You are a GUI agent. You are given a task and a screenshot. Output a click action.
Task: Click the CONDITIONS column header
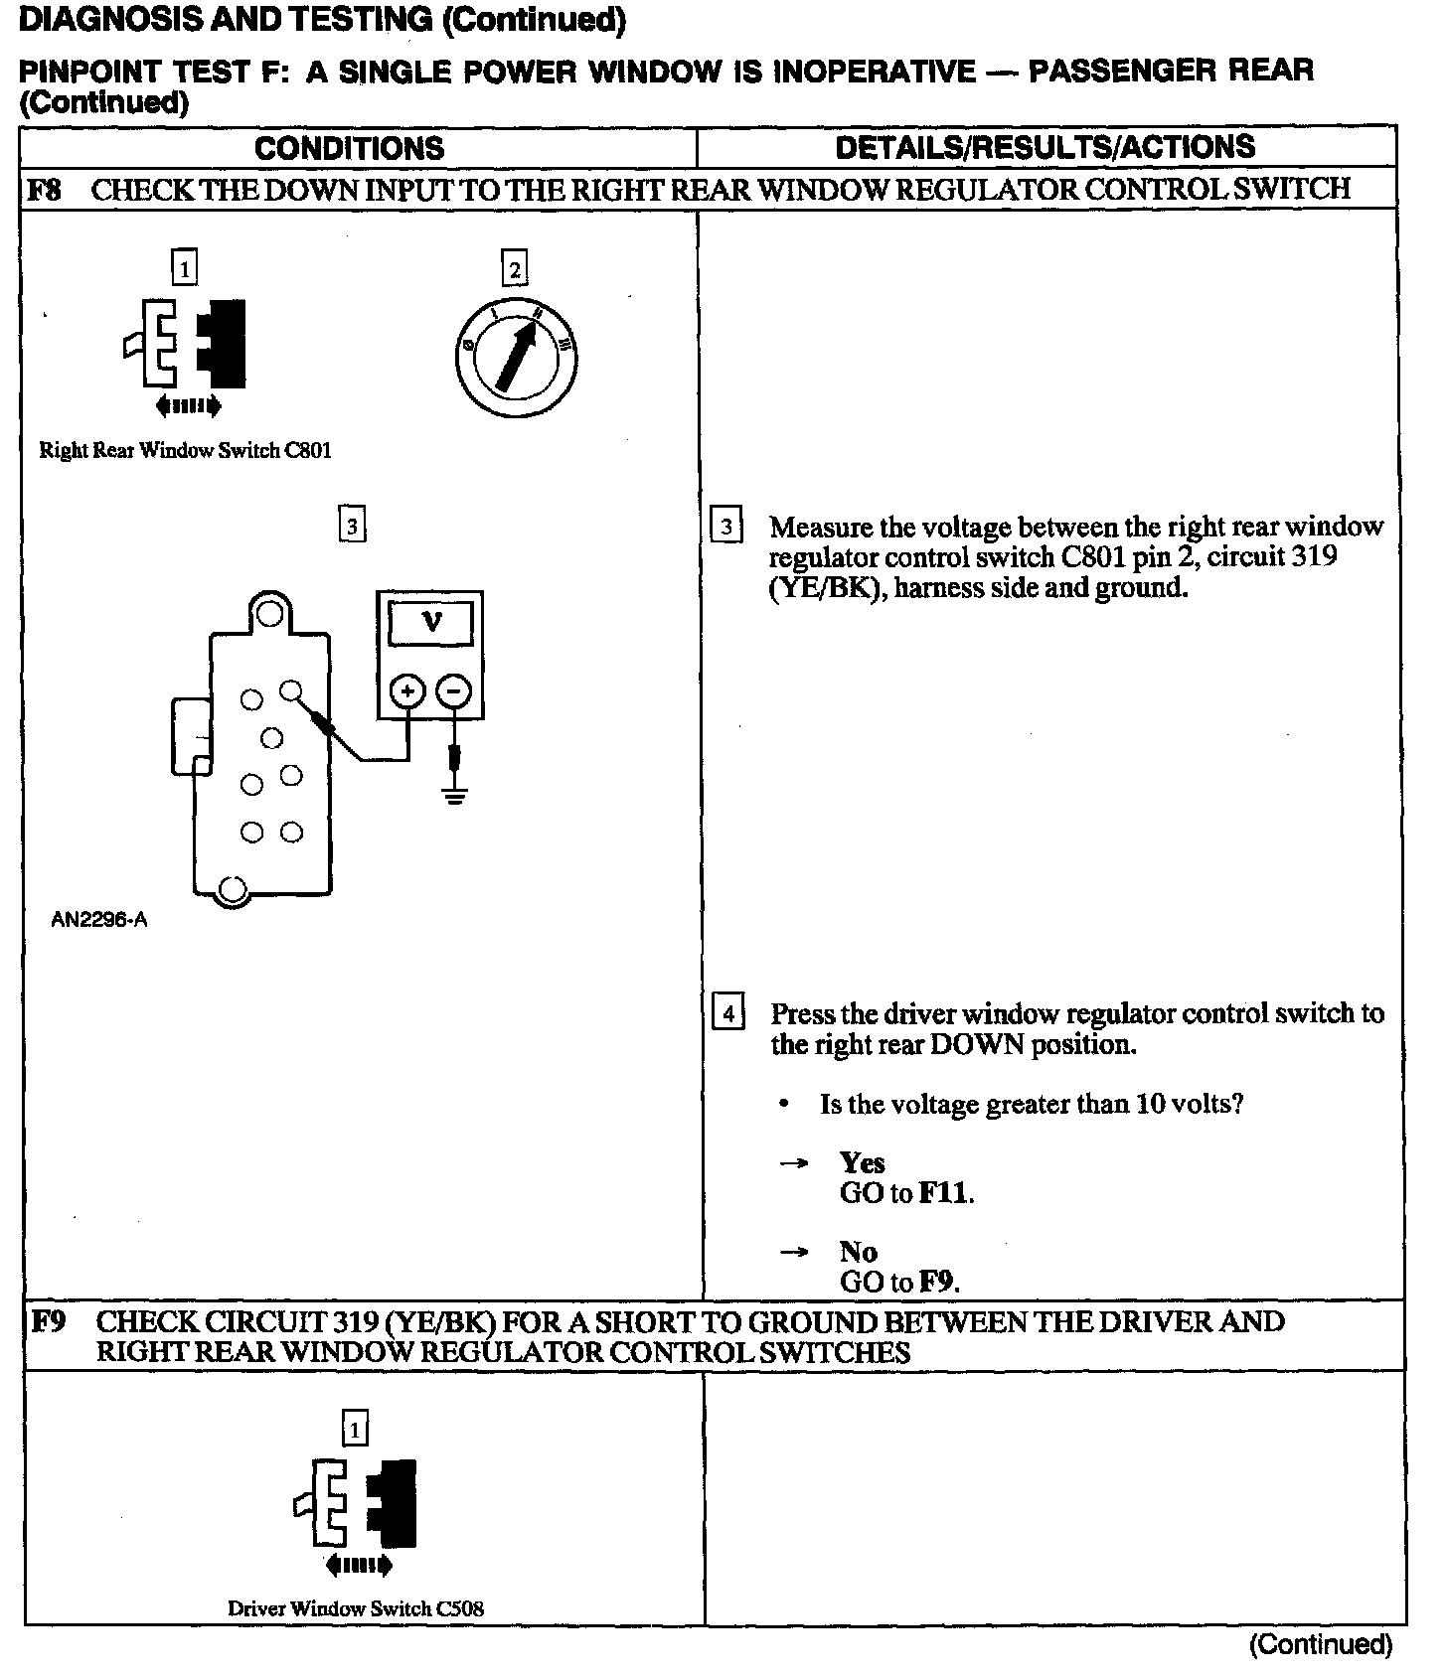pos(349,148)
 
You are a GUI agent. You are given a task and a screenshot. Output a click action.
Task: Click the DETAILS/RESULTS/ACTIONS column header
pos(1045,147)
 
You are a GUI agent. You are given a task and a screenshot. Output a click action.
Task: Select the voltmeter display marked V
pos(431,624)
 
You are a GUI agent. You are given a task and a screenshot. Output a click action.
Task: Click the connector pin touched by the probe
pos(290,688)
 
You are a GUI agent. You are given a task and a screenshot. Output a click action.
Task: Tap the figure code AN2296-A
pos(98,920)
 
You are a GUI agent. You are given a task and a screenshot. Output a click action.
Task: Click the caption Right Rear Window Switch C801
pos(185,450)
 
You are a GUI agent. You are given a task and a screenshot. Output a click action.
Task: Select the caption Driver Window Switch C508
pos(356,1608)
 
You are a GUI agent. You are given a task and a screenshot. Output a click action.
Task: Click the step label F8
pos(44,189)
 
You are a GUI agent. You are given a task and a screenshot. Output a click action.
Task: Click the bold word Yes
pos(862,1162)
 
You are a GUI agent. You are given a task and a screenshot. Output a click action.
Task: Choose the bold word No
pos(858,1252)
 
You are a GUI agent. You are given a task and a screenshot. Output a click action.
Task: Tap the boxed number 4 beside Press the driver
pos(728,1013)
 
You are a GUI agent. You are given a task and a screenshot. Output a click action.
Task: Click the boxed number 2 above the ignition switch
pos(514,269)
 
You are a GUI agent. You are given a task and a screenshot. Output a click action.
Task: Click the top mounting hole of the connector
pos(268,613)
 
